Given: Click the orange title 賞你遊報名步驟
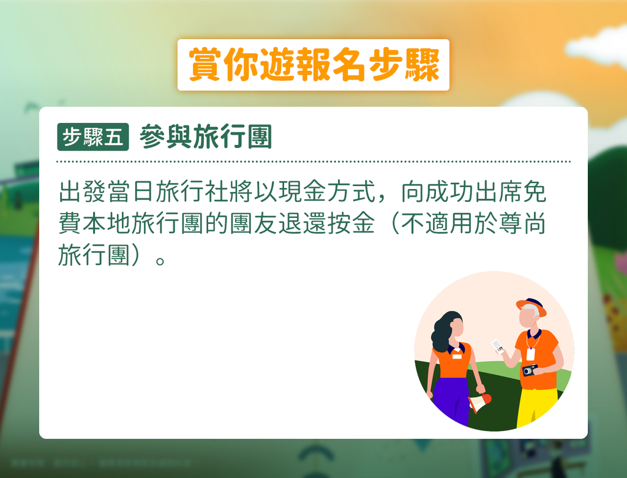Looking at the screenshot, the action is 314,65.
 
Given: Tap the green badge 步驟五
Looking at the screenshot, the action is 93,136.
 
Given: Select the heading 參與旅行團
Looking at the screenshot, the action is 206,136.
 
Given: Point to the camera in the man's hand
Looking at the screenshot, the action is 530,370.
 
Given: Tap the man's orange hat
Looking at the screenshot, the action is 531,306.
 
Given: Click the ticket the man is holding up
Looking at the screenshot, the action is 498,346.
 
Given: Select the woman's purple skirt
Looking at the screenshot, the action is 451,400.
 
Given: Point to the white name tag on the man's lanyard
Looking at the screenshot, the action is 531,354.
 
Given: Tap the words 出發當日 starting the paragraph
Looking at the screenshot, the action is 107,192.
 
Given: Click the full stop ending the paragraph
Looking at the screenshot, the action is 160,261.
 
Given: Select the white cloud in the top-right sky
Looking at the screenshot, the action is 598,45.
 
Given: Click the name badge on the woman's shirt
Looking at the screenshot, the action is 457,356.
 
